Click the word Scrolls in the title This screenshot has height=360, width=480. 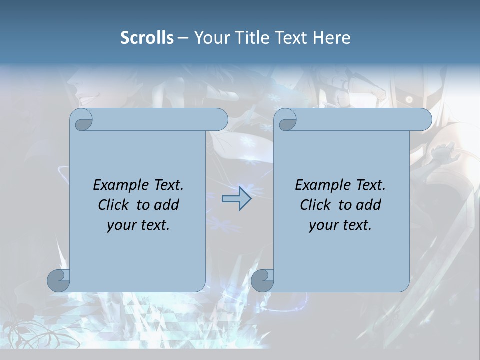147,38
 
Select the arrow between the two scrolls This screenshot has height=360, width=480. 236,198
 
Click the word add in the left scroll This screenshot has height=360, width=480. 167,205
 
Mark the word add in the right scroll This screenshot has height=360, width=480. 369,205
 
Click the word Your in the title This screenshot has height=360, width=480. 211,38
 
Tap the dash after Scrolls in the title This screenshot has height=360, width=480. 183,38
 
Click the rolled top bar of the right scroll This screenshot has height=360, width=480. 360,119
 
